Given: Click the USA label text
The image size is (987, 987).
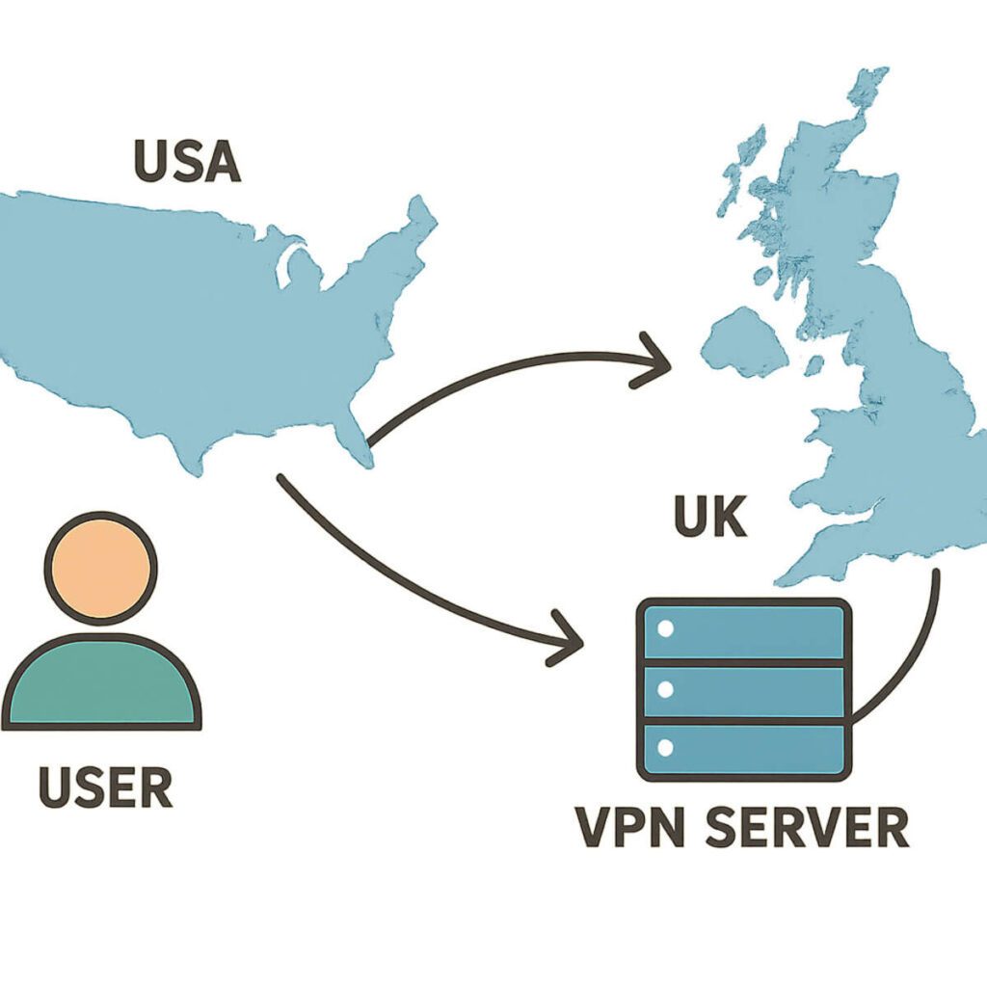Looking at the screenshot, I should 187,161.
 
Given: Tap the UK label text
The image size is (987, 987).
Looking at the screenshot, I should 709,518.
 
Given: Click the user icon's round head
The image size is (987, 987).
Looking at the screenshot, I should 100,568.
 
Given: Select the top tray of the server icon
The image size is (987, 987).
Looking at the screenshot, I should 743,631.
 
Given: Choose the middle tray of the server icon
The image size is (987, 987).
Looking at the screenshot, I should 743,690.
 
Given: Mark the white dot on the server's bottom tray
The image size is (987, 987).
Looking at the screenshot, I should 664,748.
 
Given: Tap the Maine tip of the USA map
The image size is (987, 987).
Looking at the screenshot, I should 420,214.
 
